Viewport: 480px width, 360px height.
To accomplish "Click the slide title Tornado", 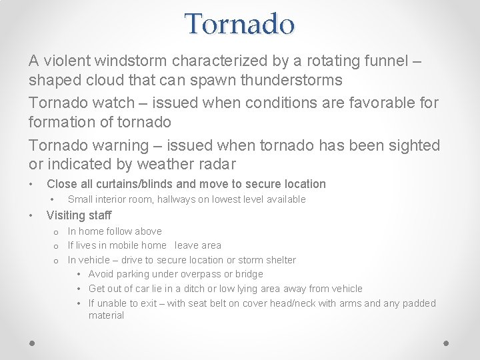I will pos(239,24).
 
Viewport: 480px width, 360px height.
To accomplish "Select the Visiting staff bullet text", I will pos(79,215).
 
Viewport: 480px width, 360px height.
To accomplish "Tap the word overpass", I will pos(195,274).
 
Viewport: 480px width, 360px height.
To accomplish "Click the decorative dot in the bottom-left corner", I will pos(32,343).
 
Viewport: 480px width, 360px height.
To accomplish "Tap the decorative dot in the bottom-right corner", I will pos(447,343).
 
